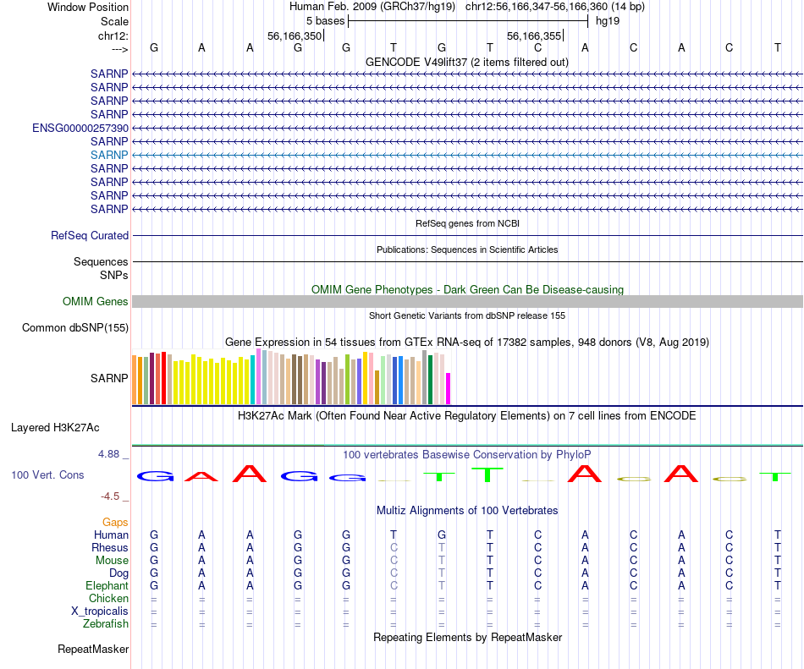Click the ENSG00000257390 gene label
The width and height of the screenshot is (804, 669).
tap(80, 128)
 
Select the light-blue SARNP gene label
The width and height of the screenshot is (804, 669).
tap(109, 155)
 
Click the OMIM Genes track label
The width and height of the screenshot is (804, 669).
tap(96, 302)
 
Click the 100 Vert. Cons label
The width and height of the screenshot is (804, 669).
tap(47, 475)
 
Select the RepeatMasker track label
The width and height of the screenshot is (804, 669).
tap(93, 650)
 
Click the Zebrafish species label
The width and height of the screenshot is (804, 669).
tap(106, 624)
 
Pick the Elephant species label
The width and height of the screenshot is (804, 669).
tap(107, 585)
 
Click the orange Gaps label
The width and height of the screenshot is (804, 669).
tap(115, 523)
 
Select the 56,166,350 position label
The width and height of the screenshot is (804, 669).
tap(295, 36)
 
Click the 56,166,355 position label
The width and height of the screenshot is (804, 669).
tap(534, 36)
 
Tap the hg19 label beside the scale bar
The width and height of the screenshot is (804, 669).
tap(608, 20)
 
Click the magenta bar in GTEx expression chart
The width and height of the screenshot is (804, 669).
tap(449, 388)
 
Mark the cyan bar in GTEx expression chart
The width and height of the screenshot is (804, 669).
tap(253, 379)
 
